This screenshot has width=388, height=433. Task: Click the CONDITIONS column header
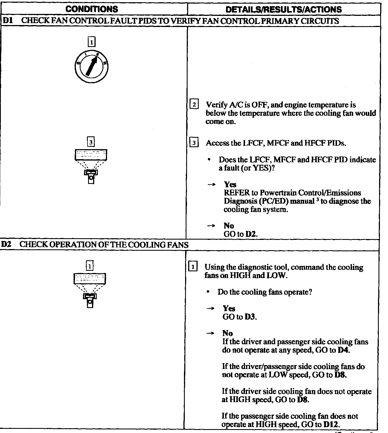91,9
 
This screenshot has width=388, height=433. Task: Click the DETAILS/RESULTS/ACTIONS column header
283,9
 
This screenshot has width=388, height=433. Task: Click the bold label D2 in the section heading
6,245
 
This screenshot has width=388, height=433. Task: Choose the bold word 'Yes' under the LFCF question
230,184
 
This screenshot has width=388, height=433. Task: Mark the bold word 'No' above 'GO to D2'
229,226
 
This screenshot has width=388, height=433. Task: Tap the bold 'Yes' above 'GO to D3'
229,308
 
